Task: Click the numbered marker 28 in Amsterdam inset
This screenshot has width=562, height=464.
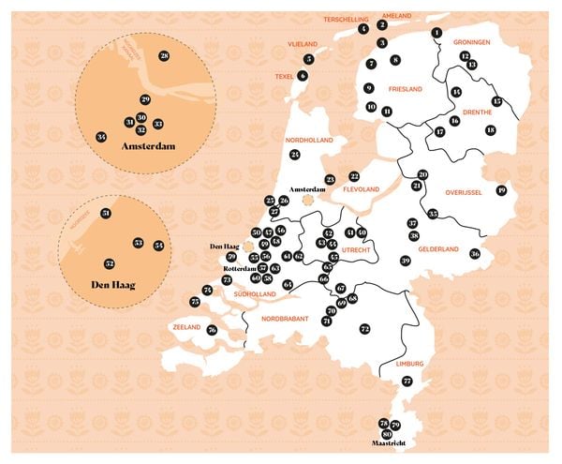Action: point(164,57)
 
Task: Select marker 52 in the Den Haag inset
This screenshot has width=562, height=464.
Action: point(110,263)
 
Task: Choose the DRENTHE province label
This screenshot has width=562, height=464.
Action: point(478,112)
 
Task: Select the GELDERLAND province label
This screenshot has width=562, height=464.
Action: point(438,249)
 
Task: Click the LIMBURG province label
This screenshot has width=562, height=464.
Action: point(409,363)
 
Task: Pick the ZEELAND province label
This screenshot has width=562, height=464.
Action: point(186,328)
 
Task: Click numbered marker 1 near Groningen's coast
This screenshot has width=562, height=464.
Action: point(436,34)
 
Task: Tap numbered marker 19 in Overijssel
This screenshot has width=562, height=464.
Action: point(501,191)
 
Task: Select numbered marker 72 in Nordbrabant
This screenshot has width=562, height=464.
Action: point(365,329)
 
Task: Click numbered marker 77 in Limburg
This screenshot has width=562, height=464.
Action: point(407,381)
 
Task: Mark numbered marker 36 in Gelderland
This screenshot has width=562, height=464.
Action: point(475,253)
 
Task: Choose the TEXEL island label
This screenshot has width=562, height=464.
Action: point(284,76)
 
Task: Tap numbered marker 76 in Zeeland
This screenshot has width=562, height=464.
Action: point(213,330)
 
